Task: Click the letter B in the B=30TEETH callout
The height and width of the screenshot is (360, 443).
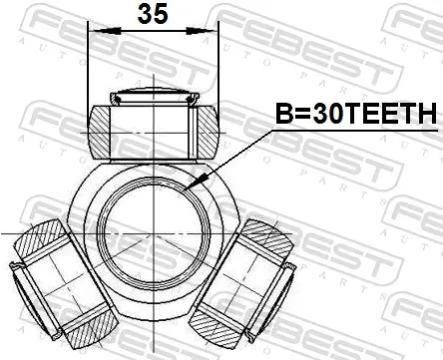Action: [x=284, y=116]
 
